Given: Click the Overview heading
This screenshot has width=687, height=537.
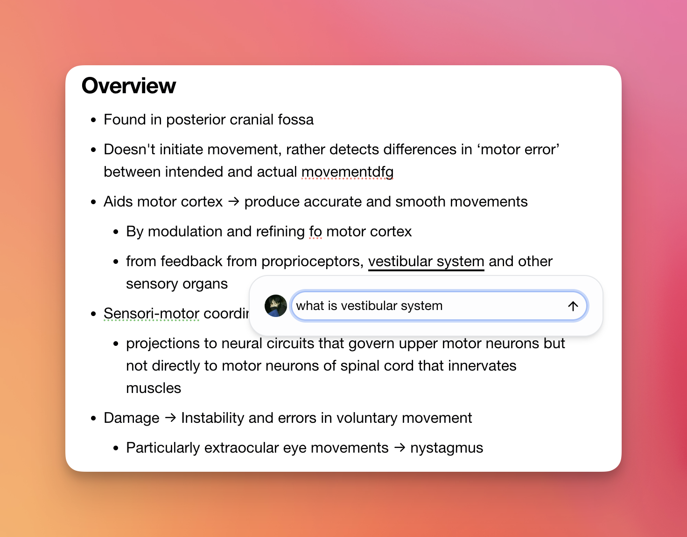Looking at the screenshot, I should point(129,86).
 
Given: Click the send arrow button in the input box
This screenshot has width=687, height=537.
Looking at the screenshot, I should point(573,306).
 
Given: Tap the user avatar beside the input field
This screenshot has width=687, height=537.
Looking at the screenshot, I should point(276,306).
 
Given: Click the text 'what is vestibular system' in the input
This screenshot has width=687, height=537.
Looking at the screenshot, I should point(369,306).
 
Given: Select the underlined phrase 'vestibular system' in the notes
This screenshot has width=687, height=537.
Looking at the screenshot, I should point(426,262).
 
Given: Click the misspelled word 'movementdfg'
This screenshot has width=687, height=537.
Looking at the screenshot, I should point(347,172).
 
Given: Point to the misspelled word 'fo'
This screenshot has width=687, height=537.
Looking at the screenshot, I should point(315,232).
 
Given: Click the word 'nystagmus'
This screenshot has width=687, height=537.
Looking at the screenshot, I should point(447,448).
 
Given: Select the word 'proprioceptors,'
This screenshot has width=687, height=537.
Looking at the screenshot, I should point(312,262).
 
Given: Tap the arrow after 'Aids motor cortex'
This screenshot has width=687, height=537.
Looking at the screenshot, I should point(233,202).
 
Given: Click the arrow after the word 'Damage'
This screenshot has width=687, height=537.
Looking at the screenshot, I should point(170,418).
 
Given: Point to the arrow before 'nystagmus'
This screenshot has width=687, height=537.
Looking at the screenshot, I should point(400,448).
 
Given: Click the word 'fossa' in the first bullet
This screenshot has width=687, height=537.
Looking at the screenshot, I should point(295,120).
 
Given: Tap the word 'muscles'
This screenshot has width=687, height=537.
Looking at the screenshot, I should point(154,388).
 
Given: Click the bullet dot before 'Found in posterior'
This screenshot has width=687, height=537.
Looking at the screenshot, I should point(94,120).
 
